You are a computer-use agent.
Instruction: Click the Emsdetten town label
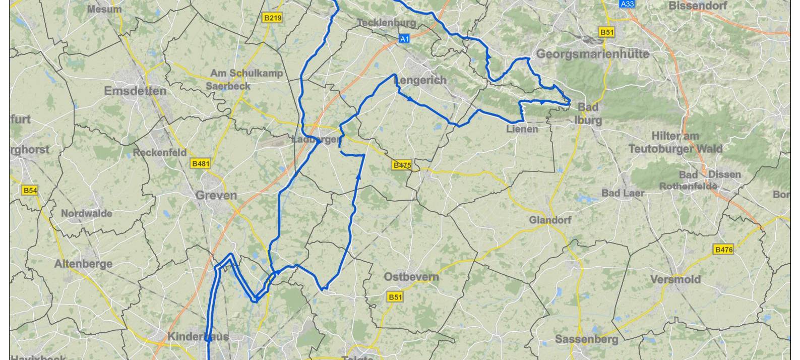tap(135, 91)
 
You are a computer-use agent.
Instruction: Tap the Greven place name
tap(216, 196)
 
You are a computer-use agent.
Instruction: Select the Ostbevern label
tap(411, 277)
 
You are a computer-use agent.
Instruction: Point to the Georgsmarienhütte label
tap(592, 54)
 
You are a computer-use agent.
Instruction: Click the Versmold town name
tap(675, 279)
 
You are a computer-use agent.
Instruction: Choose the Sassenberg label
tap(587, 339)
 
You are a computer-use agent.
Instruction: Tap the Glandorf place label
tap(550, 220)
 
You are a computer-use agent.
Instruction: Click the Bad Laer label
tap(623, 193)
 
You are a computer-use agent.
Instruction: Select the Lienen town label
tap(522, 129)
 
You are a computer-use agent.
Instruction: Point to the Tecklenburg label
tap(387, 23)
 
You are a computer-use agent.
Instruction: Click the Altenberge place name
tap(83, 264)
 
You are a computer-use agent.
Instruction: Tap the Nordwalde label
tap(87, 213)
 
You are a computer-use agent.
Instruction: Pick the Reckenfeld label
tap(160, 152)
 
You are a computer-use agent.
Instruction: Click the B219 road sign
tap(272, 18)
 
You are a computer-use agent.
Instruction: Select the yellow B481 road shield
tap(201, 163)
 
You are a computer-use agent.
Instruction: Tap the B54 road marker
tap(30, 191)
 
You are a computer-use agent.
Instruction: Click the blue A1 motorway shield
tap(404, 38)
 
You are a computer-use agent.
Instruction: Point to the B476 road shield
tap(723, 250)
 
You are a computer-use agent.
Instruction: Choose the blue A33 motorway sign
tap(627, 4)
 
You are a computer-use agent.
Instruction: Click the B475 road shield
tap(402, 165)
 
